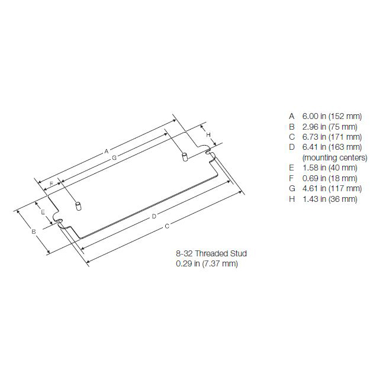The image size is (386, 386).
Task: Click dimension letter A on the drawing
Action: coord(107,151)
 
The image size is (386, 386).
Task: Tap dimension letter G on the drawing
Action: coord(114,157)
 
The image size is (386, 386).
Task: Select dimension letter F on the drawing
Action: coord(52,184)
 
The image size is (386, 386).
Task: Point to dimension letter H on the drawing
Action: coord(208,135)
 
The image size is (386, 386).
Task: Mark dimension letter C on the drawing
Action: coord(168,226)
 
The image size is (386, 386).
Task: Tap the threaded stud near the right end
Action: coord(184,157)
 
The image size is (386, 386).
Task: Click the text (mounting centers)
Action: coord(334,157)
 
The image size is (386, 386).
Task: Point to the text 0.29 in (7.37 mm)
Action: coord(203,263)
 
